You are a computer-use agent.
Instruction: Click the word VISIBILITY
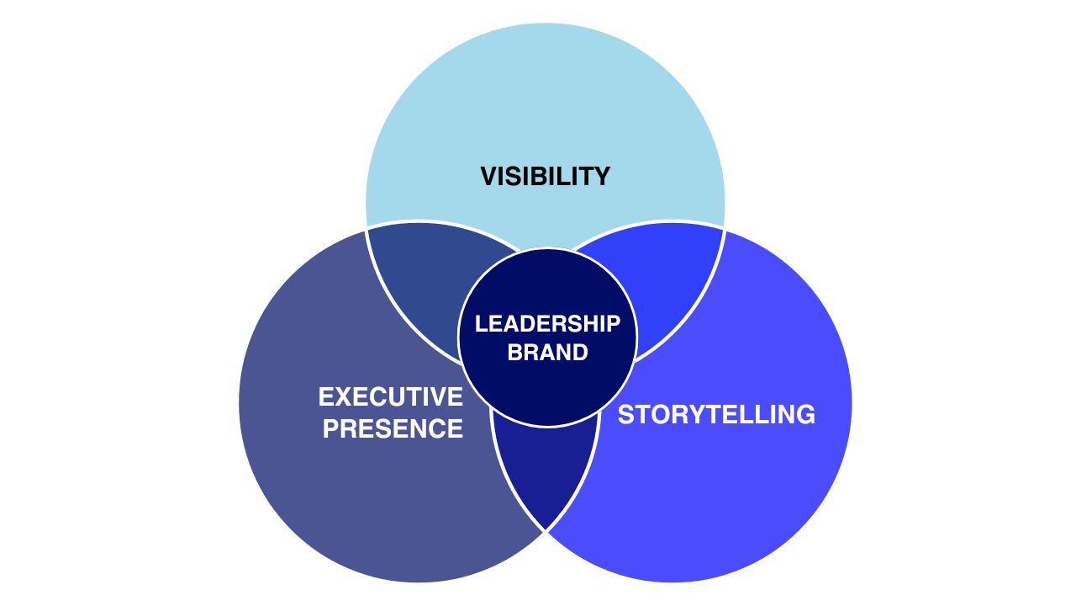pos(545,177)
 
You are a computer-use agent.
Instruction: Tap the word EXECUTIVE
pos(391,396)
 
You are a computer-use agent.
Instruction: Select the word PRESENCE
pos(393,428)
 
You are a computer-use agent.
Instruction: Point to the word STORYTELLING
pos(716,414)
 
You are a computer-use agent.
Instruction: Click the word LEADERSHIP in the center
pos(547,323)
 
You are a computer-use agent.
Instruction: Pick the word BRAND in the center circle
pos(547,352)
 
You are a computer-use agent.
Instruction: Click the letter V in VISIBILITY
pos(488,177)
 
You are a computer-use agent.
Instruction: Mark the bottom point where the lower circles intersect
pos(546,532)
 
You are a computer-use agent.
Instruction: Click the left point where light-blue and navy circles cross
pos(367,228)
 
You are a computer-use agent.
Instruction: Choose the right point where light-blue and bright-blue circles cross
pos(725,228)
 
